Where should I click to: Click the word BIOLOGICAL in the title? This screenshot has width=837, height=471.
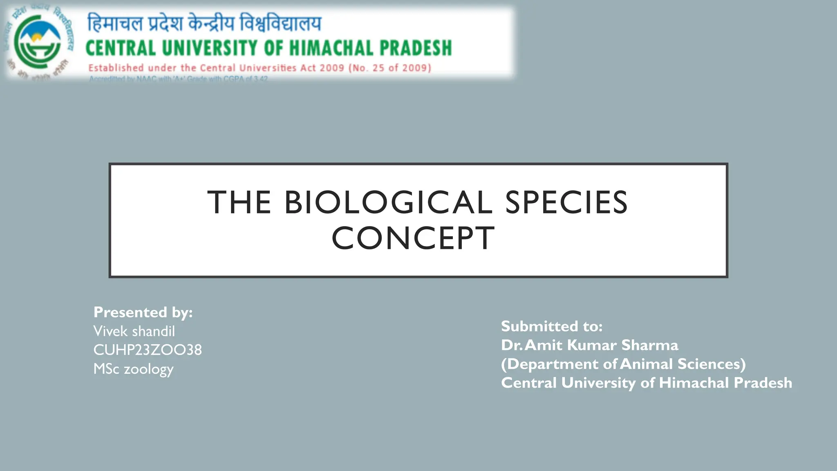[388, 202]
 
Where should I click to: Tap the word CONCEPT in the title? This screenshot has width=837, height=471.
[413, 238]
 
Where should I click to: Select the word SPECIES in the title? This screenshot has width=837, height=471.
[566, 202]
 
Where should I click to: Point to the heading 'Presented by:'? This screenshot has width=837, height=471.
[143, 312]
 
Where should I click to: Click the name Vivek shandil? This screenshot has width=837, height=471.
[134, 331]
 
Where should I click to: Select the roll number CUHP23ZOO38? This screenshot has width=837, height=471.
[148, 350]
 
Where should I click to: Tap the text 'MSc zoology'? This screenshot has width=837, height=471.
[134, 369]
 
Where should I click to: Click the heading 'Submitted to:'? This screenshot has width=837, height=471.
[552, 326]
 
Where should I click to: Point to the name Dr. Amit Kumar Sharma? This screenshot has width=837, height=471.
[590, 345]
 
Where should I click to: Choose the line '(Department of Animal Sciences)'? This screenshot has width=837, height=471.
[623, 364]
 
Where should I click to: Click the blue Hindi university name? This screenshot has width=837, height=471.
[204, 23]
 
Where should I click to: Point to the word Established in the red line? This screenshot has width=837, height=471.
[116, 68]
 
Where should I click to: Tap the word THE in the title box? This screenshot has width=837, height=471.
[239, 202]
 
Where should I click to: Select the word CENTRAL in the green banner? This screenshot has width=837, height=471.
[121, 48]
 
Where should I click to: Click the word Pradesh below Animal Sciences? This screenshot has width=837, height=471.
[763, 383]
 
